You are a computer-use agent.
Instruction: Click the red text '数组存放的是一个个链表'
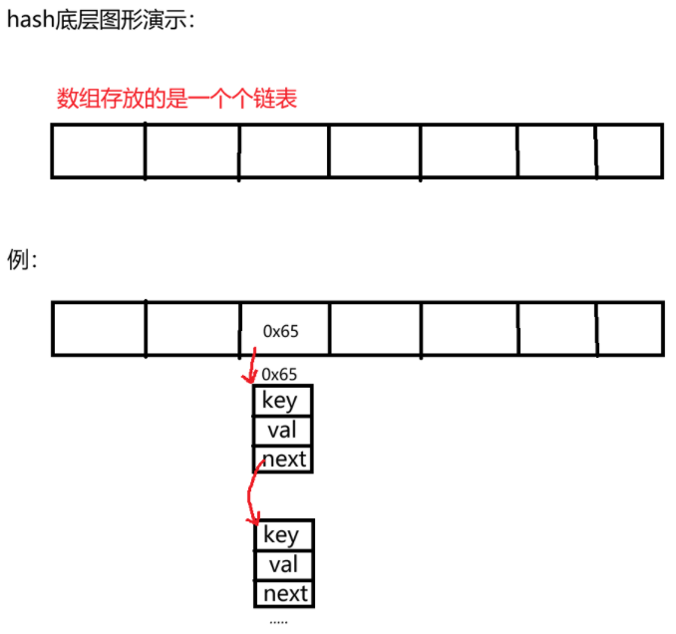coord(176,99)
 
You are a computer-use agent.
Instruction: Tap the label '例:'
coord(23,261)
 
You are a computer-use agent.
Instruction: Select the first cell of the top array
coord(98,151)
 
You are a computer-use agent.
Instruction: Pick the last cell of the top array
coord(629,151)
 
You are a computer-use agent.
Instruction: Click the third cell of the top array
coord(284,151)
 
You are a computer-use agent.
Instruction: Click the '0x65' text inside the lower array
coord(280,329)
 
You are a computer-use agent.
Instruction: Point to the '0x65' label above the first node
coord(279,375)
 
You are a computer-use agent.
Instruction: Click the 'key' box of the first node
coord(281,401)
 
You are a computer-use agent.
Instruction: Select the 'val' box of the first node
coord(281,431)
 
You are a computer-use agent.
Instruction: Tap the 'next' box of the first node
coord(283,460)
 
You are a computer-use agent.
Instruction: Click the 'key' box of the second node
coord(282,535)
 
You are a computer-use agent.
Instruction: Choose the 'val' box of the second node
coord(283,565)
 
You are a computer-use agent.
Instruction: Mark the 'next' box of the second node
coord(285,594)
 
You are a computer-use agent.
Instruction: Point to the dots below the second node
coord(278,621)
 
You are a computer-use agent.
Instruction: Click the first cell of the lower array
coord(98,329)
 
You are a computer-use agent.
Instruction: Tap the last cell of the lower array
coord(629,329)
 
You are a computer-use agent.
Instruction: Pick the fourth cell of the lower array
coord(375,329)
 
